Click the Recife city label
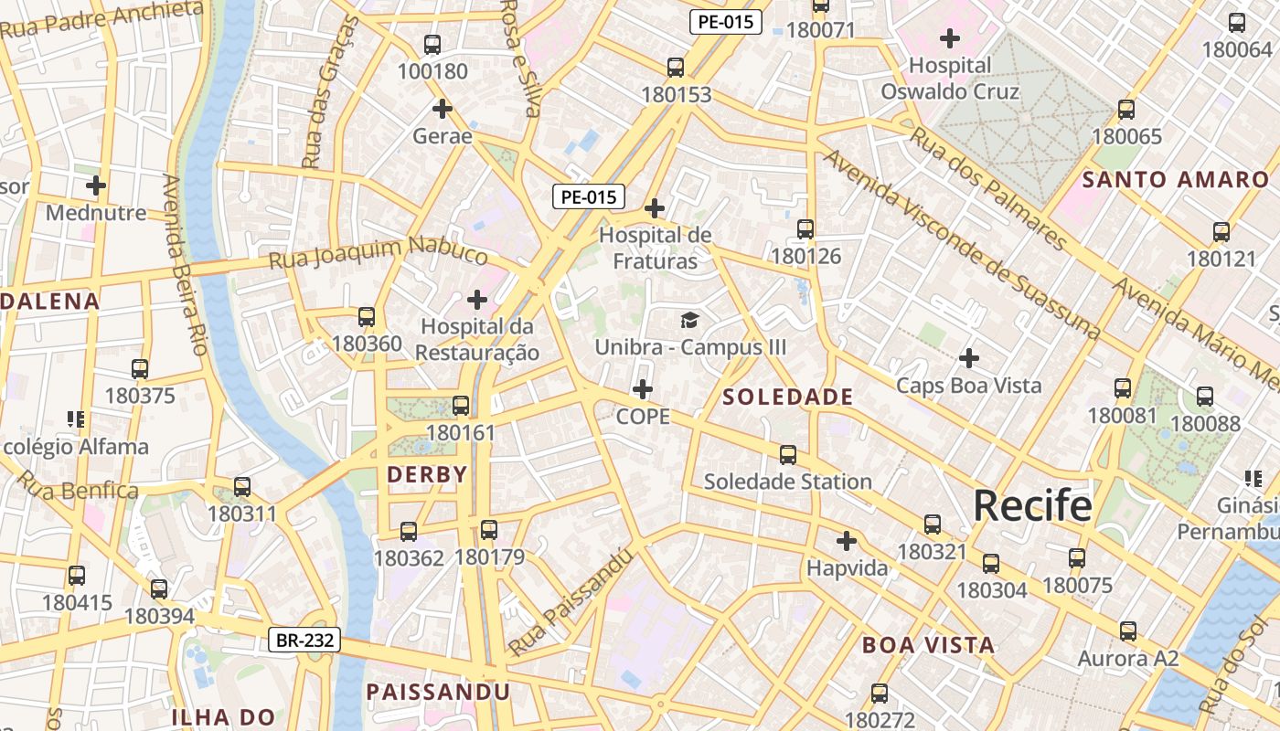[1032, 505]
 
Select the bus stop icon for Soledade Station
[787, 454]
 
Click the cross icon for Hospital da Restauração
[476, 300]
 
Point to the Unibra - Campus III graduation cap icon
[689, 320]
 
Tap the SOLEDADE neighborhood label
[787, 397]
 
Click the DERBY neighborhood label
[427, 474]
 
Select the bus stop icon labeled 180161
[461, 406]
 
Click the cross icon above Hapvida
[847, 541]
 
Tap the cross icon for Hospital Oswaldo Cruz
[950, 38]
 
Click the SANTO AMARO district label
[1176, 179]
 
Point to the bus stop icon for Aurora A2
[1128, 631]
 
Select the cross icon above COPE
[643, 390]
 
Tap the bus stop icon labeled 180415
[77, 576]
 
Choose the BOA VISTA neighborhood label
[928, 645]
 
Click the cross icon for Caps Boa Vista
[969, 358]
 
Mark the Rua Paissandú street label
[571, 603]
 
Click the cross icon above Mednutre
[96, 185]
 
